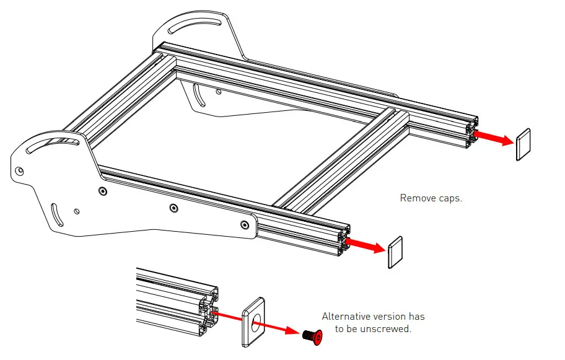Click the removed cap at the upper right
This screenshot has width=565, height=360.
tap(523, 144)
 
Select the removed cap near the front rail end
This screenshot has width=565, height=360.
tap(395, 252)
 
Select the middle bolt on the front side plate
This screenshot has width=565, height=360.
tap(173, 208)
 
